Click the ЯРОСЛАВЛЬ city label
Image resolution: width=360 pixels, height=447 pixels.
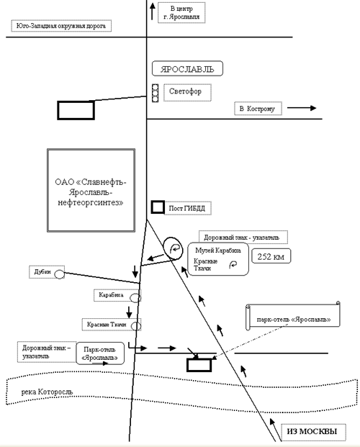pyautogui.click(x=187, y=68)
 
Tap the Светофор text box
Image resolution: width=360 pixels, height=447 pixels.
pyautogui.click(x=187, y=92)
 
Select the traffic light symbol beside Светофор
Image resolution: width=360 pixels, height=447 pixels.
pyautogui.click(x=155, y=93)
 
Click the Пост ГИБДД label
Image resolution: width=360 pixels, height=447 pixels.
pyautogui.click(x=187, y=208)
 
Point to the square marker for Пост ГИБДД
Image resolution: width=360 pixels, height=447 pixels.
pyautogui.click(x=158, y=207)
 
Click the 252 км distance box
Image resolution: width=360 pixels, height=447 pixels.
pyautogui.click(x=271, y=256)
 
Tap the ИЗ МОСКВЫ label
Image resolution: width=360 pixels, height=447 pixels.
pyautogui.click(x=313, y=432)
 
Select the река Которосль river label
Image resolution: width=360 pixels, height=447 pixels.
pyautogui.click(x=47, y=392)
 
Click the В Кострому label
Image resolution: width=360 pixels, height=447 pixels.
pyautogui.click(x=258, y=109)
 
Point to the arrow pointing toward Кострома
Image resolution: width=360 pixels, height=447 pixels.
pyautogui.click(x=302, y=108)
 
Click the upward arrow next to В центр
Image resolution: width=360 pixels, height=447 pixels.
pyautogui.click(x=153, y=11)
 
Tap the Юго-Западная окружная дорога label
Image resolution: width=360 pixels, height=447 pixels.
pyautogui.click(x=61, y=26)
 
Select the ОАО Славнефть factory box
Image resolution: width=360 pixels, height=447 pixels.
pyautogui.click(x=91, y=190)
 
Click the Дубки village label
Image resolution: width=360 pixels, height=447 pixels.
pyautogui.click(x=42, y=271)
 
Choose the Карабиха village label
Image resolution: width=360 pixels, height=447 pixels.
pyautogui.click(x=111, y=295)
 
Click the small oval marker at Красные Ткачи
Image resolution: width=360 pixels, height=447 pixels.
pyautogui.click(x=136, y=326)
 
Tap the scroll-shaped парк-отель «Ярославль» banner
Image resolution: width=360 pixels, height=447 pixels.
pyautogui.click(x=293, y=316)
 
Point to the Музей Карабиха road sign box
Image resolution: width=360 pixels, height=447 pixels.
pyautogui.click(x=218, y=259)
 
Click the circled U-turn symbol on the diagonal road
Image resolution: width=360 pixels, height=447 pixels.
pyautogui.click(x=173, y=248)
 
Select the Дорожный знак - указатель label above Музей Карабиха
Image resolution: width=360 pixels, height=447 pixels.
pyautogui.click(x=243, y=238)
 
